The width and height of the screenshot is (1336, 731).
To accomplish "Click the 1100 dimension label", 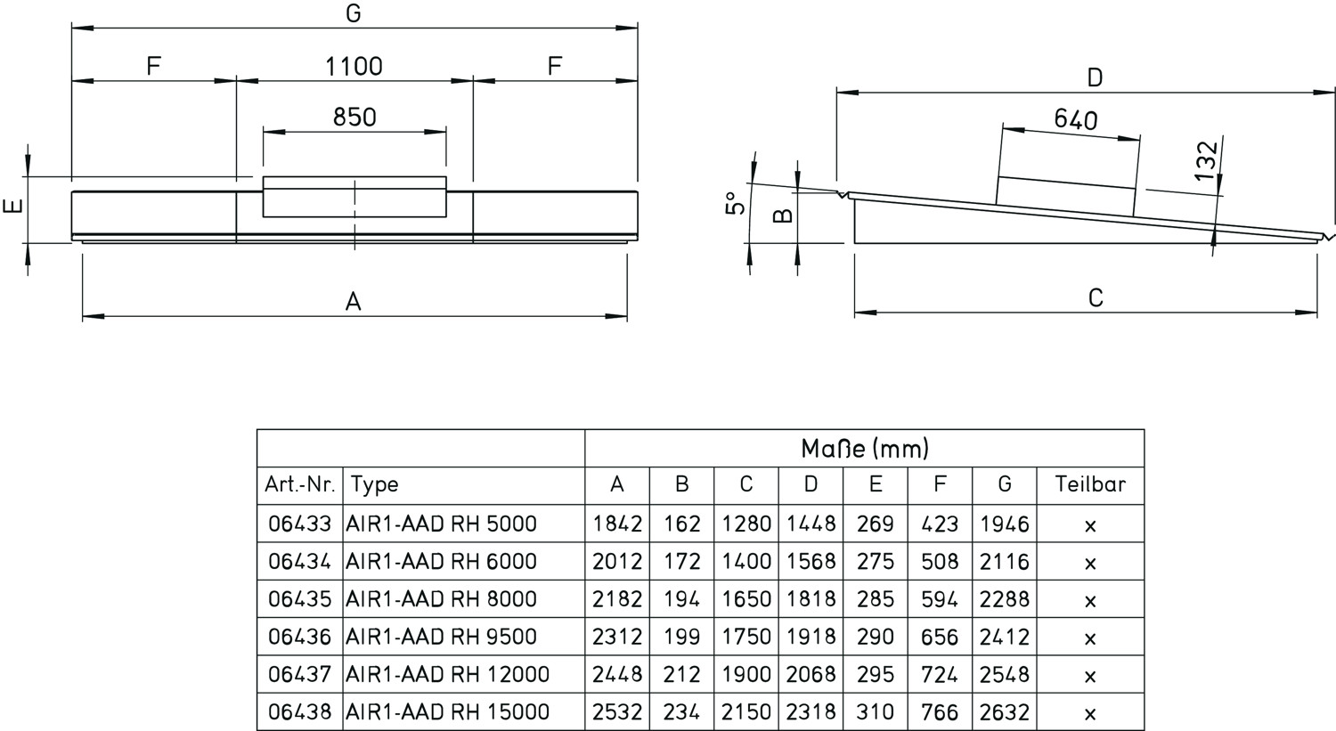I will (x=354, y=67).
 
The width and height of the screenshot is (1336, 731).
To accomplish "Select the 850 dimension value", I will (x=354, y=118).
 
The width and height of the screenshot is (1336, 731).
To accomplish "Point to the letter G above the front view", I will (x=354, y=14).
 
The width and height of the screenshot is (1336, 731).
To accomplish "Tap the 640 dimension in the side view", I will (x=1075, y=119).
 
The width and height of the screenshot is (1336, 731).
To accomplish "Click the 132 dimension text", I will (x=1206, y=161).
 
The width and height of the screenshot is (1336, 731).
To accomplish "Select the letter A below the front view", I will (x=354, y=303).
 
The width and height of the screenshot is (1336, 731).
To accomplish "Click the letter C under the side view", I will (x=1096, y=298).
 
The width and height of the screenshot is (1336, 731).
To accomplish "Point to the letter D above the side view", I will (x=1095, y=78).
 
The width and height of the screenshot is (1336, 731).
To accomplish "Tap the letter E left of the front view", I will (x=12, y=207).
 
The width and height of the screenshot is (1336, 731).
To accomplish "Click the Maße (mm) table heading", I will (x=864, y=448).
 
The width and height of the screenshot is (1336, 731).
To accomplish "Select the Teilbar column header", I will (x=1090, y=484).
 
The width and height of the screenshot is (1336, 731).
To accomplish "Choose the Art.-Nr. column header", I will (x=299, y=484).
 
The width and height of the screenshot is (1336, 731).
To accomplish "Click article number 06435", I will (x=299, y=599).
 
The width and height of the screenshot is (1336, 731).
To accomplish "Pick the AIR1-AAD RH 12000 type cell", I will (x=447, y=675).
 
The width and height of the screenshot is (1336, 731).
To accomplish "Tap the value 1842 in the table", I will (x=617, y=524).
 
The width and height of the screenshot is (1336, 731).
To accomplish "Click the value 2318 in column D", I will (x=811, y=712).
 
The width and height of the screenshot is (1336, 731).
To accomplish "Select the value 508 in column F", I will (x=940, y=562).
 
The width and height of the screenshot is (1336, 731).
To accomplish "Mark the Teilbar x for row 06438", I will (x=1090, y=713).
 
